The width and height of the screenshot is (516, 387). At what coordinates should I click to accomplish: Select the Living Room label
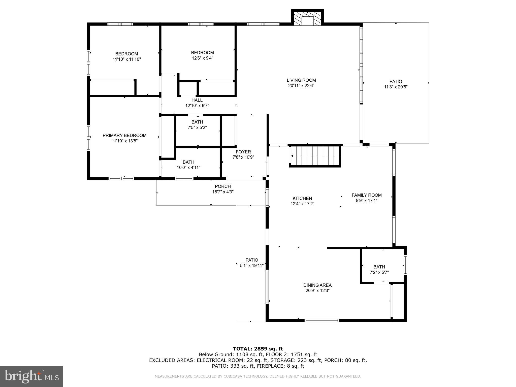pos(301,80)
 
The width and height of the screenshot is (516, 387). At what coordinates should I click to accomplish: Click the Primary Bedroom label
pos(124,135)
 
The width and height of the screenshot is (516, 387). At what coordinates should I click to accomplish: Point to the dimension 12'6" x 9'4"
pos(202,58)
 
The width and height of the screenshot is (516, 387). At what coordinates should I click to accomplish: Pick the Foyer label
pos(243,152)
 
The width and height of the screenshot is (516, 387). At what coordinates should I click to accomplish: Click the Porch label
pos(223,186)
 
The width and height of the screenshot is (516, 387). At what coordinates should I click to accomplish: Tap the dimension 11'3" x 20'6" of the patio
pos(396,87)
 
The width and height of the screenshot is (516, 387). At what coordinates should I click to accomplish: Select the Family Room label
pos(366,195)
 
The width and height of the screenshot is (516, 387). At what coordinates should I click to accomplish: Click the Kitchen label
pos(302,198)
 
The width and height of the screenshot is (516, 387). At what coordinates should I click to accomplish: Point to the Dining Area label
pos(317,285)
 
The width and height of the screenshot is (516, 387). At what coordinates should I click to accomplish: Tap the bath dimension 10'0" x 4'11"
pos(188,167)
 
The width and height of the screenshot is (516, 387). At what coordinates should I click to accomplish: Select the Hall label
pos(197,100)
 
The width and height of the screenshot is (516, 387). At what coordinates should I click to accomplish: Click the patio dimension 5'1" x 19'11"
pos(252,265)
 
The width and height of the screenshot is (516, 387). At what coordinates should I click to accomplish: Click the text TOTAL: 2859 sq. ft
pos(258,349)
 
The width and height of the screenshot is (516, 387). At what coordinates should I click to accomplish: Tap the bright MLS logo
pos(31,376)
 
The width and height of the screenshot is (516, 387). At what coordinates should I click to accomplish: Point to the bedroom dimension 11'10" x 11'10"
pos(126,59)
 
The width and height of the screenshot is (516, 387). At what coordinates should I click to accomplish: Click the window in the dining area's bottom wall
pos(321,320)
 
